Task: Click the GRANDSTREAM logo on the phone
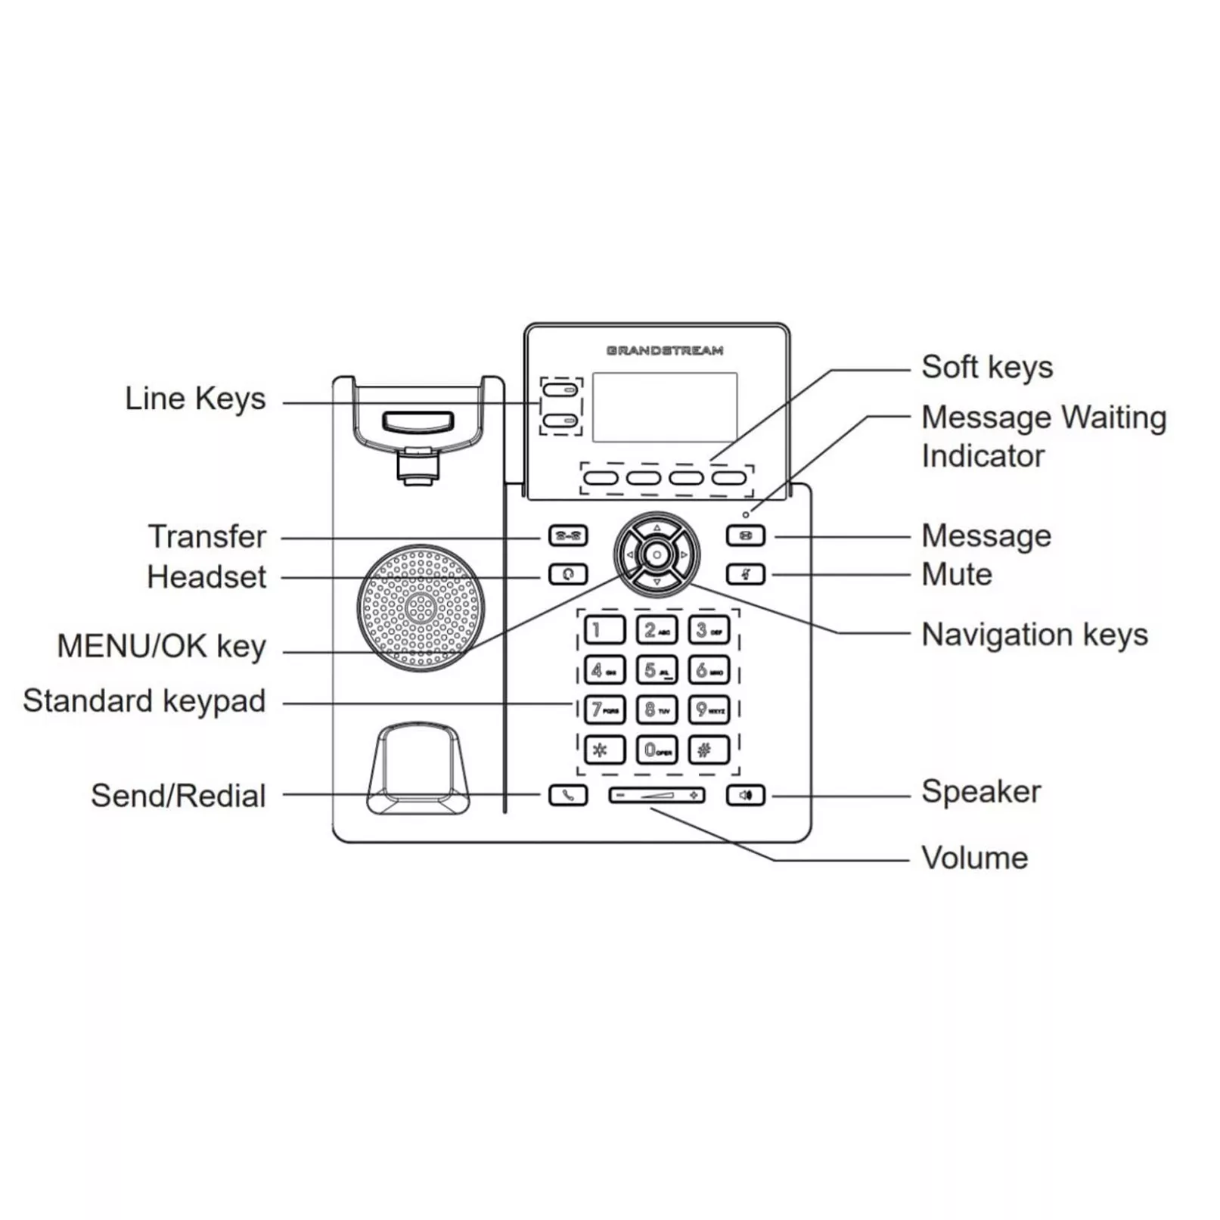click(x=664, y=350)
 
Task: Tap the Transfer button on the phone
click(x=567, y=536)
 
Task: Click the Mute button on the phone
click(x=745, y=575)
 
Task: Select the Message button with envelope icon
click(x=745, y=536)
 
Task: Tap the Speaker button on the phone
click(x=745, y=796)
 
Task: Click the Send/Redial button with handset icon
click(x=567, y=796)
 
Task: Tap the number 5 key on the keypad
click(x=656, y=670)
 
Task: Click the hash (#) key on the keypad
click(x=709, y=750)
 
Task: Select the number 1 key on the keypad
click(x=604, y=630)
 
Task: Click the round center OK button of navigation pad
click(x=657, y=555)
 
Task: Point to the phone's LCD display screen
click(x=664, y=407)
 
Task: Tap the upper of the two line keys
click(x=560, y=390)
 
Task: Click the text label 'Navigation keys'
click(x=1034, y=635)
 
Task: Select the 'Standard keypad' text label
click(x=144, y=701)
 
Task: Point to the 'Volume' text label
click(x=974, y=858)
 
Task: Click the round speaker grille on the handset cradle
click(x=421, y=607)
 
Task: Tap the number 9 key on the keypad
click(x=709, y=710)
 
